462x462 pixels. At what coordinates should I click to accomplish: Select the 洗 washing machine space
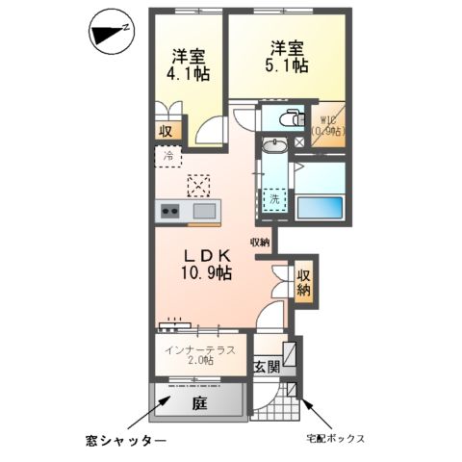276,197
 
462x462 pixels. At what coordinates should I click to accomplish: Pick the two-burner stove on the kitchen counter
170,212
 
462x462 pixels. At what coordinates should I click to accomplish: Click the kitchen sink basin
204,212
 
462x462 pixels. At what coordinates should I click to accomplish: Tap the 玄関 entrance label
267,366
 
